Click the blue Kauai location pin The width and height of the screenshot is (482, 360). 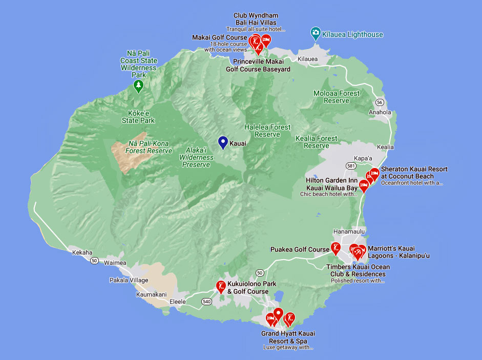click(x=223, y=142)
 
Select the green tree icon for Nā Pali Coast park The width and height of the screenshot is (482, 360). click(x=138, y=86)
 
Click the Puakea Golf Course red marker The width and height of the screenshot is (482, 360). click(x=336, y=248)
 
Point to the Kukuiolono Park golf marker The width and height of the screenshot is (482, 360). click(x=221, y=286)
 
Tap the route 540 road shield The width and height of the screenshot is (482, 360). click(x=206, y=301)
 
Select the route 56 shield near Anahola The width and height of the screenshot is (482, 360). click(x=379, y=102)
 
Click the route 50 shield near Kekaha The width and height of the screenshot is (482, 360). click(x=94, y=261)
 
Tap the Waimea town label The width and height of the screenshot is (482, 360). click(x=115, y=263)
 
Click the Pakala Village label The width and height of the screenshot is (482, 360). click(x=129, y=280)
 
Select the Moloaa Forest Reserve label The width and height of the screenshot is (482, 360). click(x=337, y=97)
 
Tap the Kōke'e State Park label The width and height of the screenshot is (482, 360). click(x=138, y=117)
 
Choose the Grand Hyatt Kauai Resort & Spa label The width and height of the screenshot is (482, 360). click(x=288, y=337)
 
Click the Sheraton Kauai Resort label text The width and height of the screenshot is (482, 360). click(x=414, y=173)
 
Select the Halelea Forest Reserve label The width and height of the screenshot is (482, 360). click(x=267, y=131)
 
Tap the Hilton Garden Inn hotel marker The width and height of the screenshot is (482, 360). click(x=364, y=185)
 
